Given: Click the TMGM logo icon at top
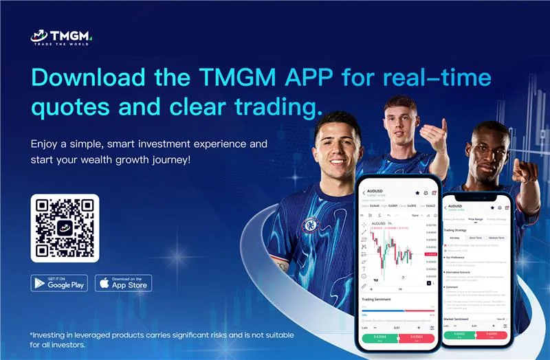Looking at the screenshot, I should pyautogui.click(x=40, y=36).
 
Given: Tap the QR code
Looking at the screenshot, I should pyautogui.click(x=65, y=228).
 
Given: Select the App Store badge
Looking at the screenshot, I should pyautogui.click(x=123, y=282).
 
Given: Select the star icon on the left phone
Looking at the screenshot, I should pyautogui.click(x=417, y=193).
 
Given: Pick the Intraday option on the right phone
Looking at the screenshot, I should pyautogui.click(x=454, y=237).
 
